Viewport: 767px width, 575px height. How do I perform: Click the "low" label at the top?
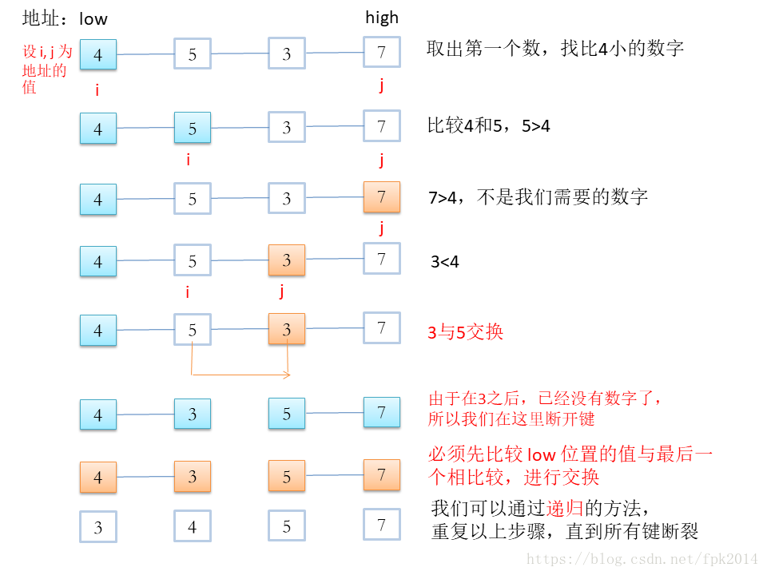[93, 18]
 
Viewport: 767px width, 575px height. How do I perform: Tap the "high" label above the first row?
[382, 18]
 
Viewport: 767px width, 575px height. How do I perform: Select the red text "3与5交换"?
[466, 332]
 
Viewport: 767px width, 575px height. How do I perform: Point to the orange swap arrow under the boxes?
[240, 374]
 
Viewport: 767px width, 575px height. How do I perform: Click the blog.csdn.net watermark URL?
[638, 559]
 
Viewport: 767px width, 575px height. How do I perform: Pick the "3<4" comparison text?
[445, 261]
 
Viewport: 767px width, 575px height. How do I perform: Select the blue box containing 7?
[382, 413]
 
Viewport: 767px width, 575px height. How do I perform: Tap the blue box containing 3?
[193, 414]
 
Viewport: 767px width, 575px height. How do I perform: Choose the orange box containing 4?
[98, 477]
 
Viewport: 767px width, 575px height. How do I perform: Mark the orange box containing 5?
[287, 477]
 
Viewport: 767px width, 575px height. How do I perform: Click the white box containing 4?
[193, 527]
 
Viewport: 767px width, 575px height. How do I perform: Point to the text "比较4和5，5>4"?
[489, 126]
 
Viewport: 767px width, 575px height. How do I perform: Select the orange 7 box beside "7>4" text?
[382, 197]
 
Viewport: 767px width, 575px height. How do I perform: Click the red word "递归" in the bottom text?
[557, 508]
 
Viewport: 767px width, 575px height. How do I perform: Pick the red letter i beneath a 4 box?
[97, 90]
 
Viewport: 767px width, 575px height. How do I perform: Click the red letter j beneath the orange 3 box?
[282, 291]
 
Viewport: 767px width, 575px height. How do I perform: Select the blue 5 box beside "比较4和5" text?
[193, 128]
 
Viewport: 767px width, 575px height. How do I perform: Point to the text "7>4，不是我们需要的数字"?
[538, 197]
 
